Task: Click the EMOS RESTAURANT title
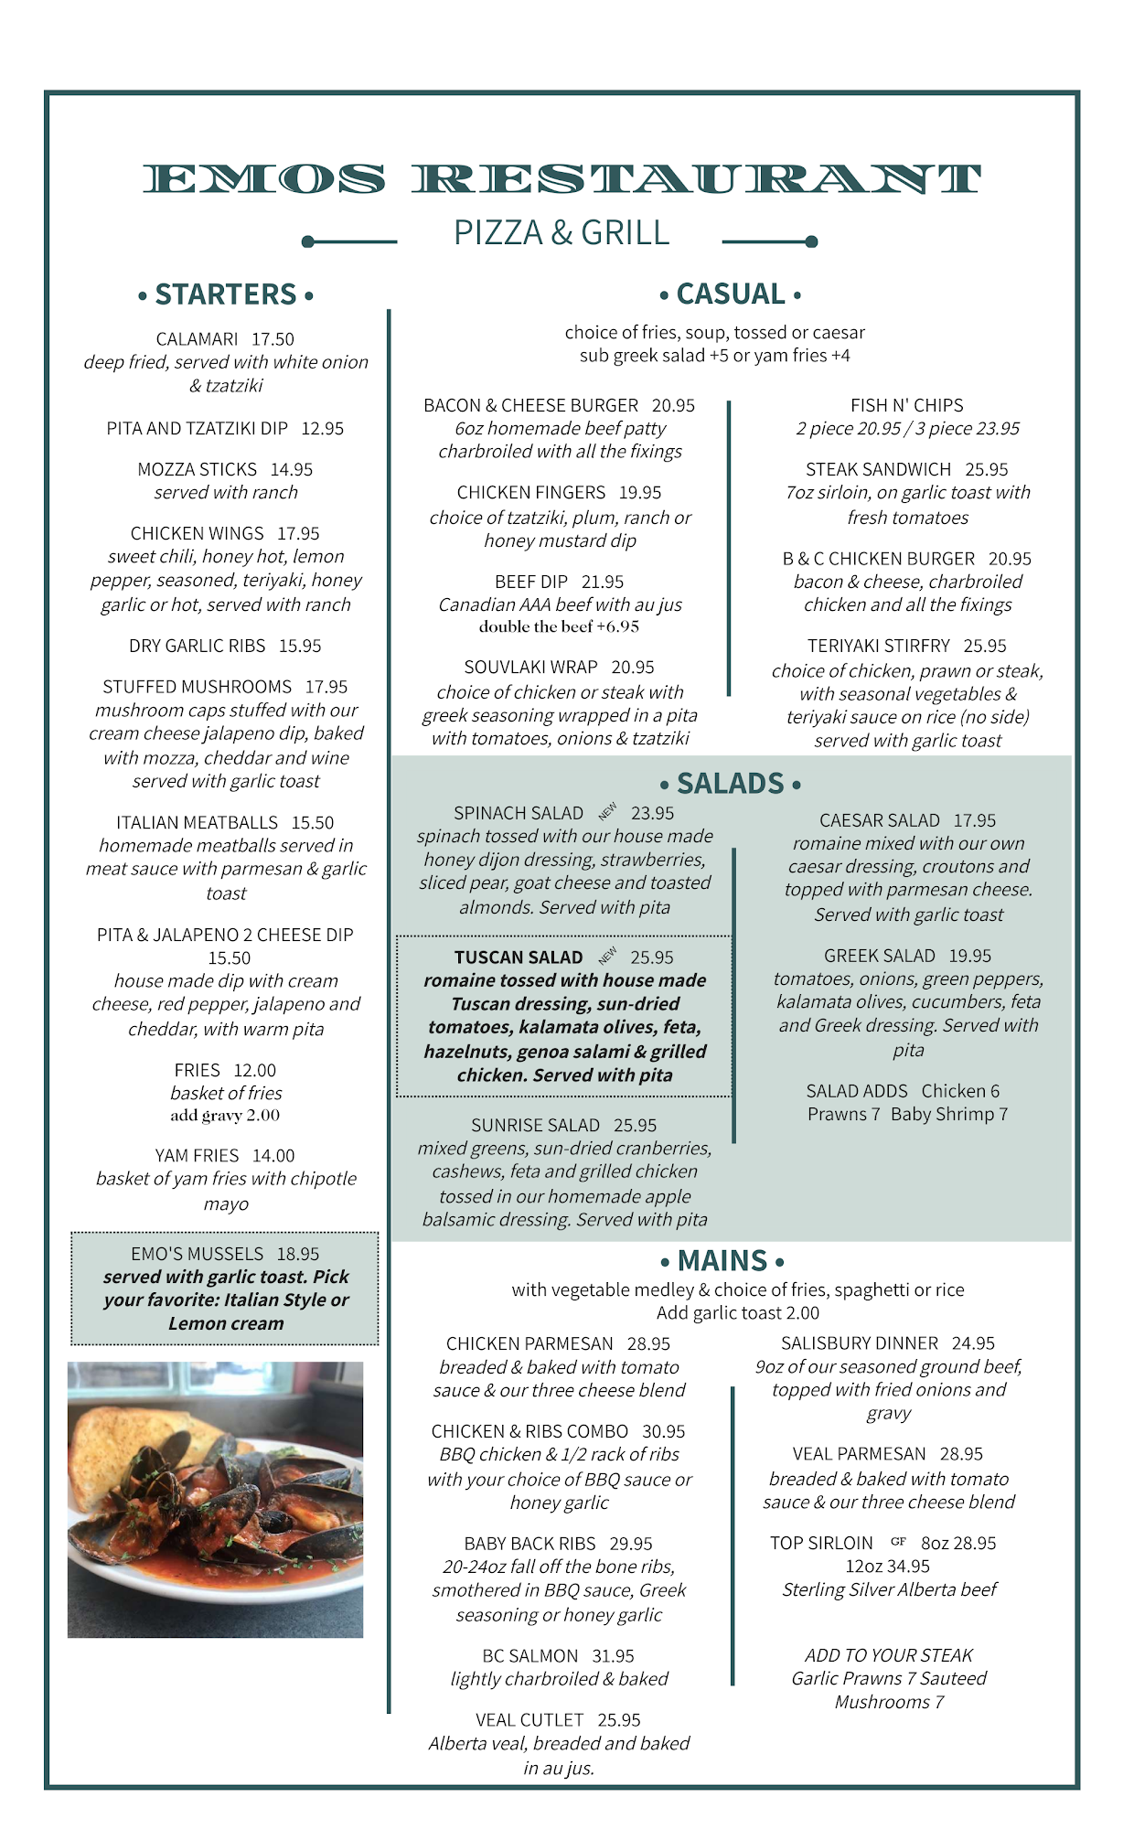pos(561,179)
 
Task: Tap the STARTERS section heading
pos(226,294)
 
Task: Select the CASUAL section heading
pos(731,294)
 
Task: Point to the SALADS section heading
pos(731,784)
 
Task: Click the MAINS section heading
pos(722,1261)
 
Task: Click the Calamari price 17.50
pos(273,339)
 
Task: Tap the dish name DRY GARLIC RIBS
pos(197,646)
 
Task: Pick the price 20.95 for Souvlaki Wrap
pos(633,668)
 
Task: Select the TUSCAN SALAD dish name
pos(519,957)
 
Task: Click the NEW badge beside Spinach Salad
pos(608,811)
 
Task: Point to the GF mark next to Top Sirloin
pos(898,1541)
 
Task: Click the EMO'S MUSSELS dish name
pos(197,1254)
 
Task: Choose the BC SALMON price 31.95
pos(613,1656)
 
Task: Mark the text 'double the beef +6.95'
pos(559,626)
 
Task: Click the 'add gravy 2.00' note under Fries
pos(225,1115)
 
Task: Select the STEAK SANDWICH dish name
pos(878,470)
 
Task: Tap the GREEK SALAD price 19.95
pos(969,956)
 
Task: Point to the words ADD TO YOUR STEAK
pos(888,1655)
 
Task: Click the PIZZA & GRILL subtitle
pos(561,233)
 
